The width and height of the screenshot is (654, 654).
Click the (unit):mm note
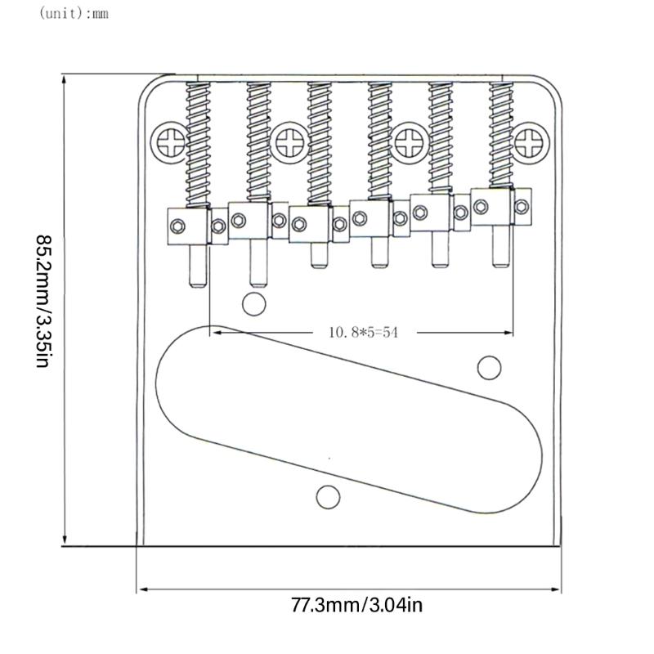(x=73, y=14)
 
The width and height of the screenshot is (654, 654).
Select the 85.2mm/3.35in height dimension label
(x=44, y=302)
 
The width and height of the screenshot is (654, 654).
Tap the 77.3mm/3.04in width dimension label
(x=357, y=606)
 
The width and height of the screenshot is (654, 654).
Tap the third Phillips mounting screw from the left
(x=408, y=143)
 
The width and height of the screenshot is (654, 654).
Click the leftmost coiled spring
(x=199, y=144)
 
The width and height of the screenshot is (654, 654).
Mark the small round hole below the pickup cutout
(x=329, y=496)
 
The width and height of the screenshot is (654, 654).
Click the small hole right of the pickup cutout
(x=489, y=368)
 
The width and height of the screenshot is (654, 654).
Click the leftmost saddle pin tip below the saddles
(x=198, y=280)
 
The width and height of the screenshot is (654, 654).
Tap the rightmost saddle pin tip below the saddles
(x=499, y=263)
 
